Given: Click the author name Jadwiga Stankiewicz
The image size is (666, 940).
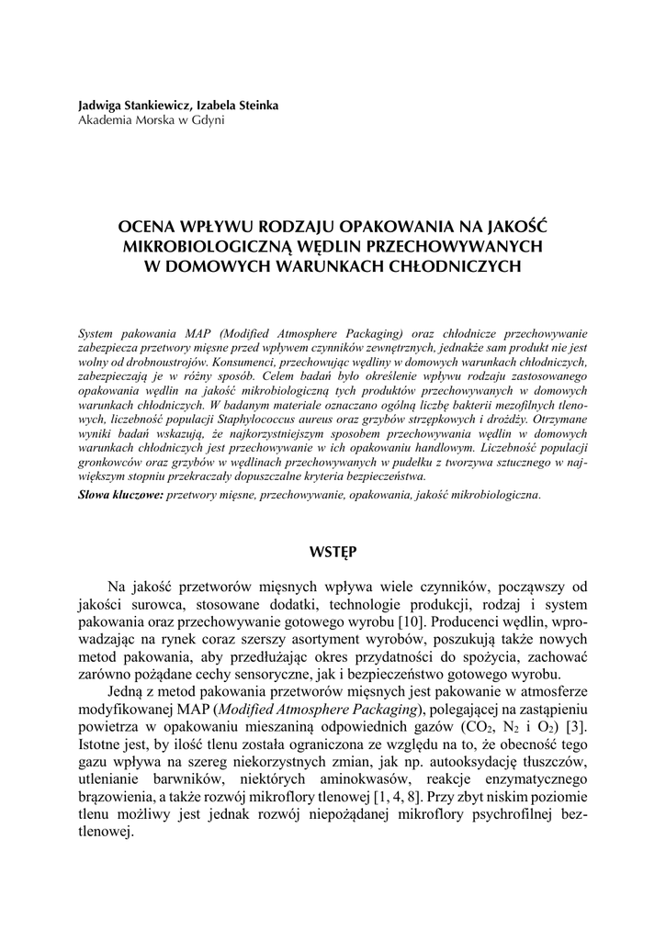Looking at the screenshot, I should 134,106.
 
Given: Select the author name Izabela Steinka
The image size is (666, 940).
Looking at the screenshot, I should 238,106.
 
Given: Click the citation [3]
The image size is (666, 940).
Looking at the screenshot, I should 576,728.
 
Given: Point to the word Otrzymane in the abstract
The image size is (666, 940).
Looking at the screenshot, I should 558,419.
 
